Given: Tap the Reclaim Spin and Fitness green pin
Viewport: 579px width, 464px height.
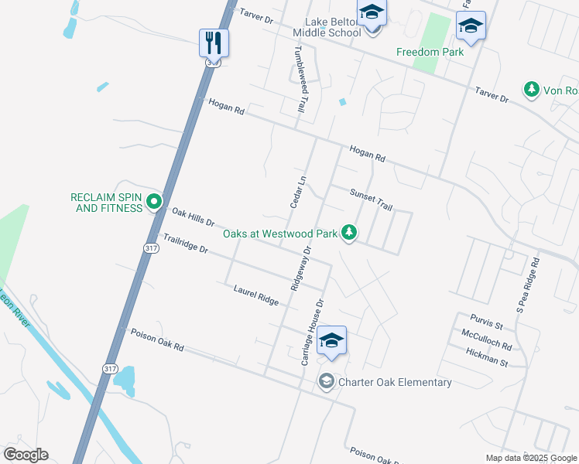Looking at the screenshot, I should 154,203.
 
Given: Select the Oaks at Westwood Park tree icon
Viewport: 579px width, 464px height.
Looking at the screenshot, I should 350,232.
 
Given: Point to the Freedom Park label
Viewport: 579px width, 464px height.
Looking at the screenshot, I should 430,53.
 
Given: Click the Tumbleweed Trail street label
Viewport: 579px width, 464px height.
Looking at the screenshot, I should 297,77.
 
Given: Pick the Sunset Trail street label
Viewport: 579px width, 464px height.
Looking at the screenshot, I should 372,200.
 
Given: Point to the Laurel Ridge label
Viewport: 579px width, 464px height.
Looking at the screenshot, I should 255,294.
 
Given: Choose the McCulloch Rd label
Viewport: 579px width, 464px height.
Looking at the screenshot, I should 486,335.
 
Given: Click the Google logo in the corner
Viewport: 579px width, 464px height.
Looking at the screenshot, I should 26,454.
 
